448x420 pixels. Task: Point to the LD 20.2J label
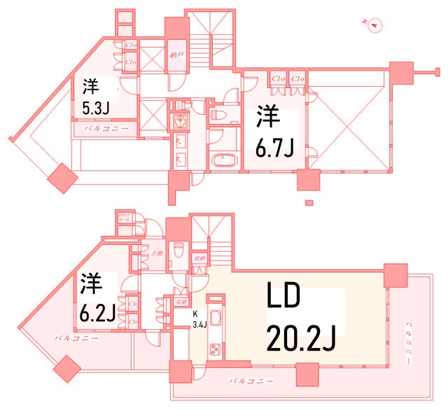click(300, 318)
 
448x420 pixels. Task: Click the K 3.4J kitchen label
click(197, 319)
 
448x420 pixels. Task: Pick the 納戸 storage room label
click(176, 53)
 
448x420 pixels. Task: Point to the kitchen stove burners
click(215, 349)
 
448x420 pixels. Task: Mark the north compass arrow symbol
click(374, 24)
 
